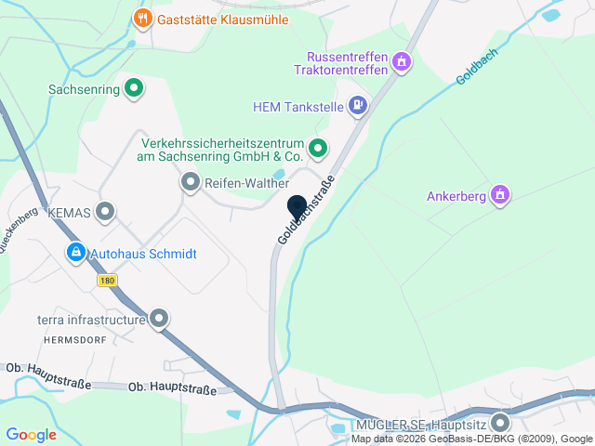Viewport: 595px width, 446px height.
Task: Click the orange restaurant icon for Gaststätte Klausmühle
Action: [142, 19]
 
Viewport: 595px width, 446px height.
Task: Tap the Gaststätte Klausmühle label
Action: [223, 20]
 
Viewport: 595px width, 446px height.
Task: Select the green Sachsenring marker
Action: [134, 89]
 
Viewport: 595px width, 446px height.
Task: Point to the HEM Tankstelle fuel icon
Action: [358, 106]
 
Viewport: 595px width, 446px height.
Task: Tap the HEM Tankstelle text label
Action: [297, 107]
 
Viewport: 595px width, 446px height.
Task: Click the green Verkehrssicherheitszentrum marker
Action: [318, 148]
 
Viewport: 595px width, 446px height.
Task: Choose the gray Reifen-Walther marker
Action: [191, 182]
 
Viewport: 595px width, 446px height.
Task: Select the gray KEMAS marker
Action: [105, 212]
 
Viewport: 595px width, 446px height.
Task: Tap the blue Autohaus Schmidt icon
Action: [75, 253]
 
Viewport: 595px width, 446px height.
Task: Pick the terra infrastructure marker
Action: [159, 319]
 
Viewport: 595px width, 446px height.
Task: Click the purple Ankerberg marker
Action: [500, 195]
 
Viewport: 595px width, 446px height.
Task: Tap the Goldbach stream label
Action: [478, 67]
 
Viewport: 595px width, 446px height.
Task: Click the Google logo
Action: [31, 434]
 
